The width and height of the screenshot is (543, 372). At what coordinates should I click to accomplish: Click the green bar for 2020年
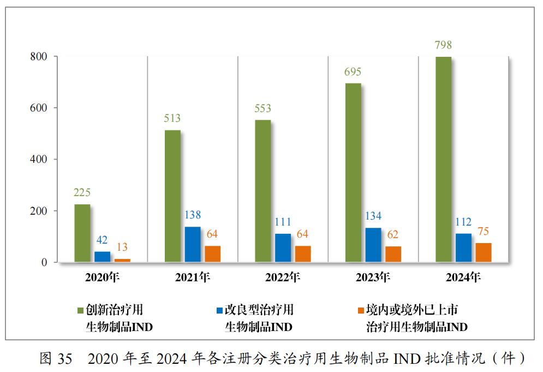tap(82, 233)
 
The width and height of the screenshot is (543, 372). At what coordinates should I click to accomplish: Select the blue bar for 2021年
tap(193, 245)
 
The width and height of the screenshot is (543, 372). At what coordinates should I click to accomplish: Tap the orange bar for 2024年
tap(483, 252)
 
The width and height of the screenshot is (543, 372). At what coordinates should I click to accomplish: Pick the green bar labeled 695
tap(353, 173)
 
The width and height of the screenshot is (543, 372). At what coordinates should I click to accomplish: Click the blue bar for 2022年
tap(283, 248)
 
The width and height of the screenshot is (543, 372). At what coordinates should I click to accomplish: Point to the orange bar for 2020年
tap(122, 261)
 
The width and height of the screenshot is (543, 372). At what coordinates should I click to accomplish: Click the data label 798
tap(443, 45)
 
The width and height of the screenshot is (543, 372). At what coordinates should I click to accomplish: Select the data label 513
tap(172, 119)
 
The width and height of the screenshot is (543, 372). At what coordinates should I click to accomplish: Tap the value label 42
tap(102, 240)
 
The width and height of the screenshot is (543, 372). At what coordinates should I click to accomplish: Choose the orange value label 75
tap(483, 231)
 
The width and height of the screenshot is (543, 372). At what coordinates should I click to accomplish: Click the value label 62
tap(392, 235)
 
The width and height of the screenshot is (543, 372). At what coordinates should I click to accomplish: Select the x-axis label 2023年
tap(373, 277)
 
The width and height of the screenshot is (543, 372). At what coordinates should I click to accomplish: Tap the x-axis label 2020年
tap(102, 277)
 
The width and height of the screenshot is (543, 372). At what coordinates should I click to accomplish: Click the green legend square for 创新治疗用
tap(80, 311)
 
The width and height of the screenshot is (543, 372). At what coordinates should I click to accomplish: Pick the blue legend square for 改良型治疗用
tap(219, 311)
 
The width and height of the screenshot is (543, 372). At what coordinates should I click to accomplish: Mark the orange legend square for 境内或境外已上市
tap(360, 311)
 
